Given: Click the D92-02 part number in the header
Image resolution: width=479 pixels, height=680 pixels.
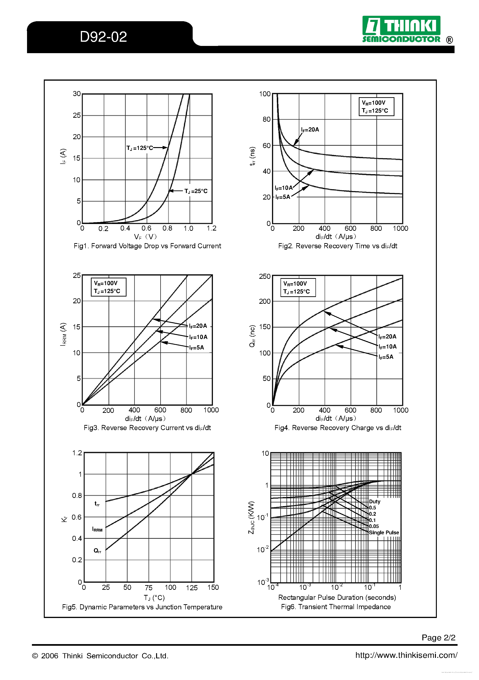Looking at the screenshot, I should tap(103, 37).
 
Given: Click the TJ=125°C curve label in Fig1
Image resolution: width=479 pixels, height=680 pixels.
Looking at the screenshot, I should tap(140, 148).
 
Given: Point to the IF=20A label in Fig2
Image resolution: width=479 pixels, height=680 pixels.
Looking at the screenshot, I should tap(310, 130).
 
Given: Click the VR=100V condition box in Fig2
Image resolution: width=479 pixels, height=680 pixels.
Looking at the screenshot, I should tap(376, 107).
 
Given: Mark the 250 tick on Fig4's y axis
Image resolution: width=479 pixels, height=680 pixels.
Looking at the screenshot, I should tap(265, 276).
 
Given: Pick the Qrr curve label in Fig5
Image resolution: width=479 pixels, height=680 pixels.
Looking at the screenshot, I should tap(97, 551).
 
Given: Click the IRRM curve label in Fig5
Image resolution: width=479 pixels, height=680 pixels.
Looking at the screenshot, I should tap(97, 529).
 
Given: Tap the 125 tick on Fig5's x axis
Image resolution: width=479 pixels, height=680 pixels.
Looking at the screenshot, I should tap(192, 588).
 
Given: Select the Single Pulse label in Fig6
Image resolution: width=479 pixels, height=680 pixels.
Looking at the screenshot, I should tap(384, 532).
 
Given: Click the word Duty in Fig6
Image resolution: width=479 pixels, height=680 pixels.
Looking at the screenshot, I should tap(374, 501).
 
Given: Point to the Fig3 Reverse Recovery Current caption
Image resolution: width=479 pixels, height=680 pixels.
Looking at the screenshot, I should tap(147, 428).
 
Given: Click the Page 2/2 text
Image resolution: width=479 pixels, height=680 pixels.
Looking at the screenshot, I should tap(438, 637).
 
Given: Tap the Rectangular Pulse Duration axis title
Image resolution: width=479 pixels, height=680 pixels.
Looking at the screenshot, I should tap(337, 597).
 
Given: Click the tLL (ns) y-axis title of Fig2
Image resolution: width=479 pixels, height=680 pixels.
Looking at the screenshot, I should tap(252, 156).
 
